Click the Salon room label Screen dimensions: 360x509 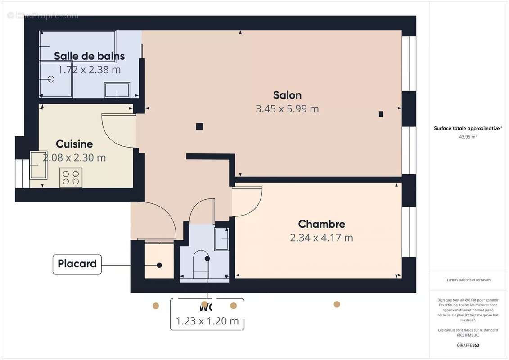pos(287,95)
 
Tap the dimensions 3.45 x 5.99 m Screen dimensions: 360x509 pos(287,109)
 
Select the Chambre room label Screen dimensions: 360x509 pos(321,224)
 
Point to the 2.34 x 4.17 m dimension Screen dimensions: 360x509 pos(321,238)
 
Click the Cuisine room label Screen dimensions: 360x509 pos(74,144)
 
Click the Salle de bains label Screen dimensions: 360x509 pos(89,56)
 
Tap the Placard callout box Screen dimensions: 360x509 pos(77,264)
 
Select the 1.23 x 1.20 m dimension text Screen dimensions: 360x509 pos(207,321)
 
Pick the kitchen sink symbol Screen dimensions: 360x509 pos(38,165)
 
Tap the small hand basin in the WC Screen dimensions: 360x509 pos(221,239)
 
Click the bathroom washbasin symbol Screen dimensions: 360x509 pos(117,90)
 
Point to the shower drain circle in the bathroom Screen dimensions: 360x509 pos(50,79)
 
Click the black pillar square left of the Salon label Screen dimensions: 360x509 pos(199,126)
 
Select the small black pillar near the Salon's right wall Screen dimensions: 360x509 pos(381,114)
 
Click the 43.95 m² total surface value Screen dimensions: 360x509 pos(468,137)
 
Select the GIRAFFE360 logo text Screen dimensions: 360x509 pos(468,346)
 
